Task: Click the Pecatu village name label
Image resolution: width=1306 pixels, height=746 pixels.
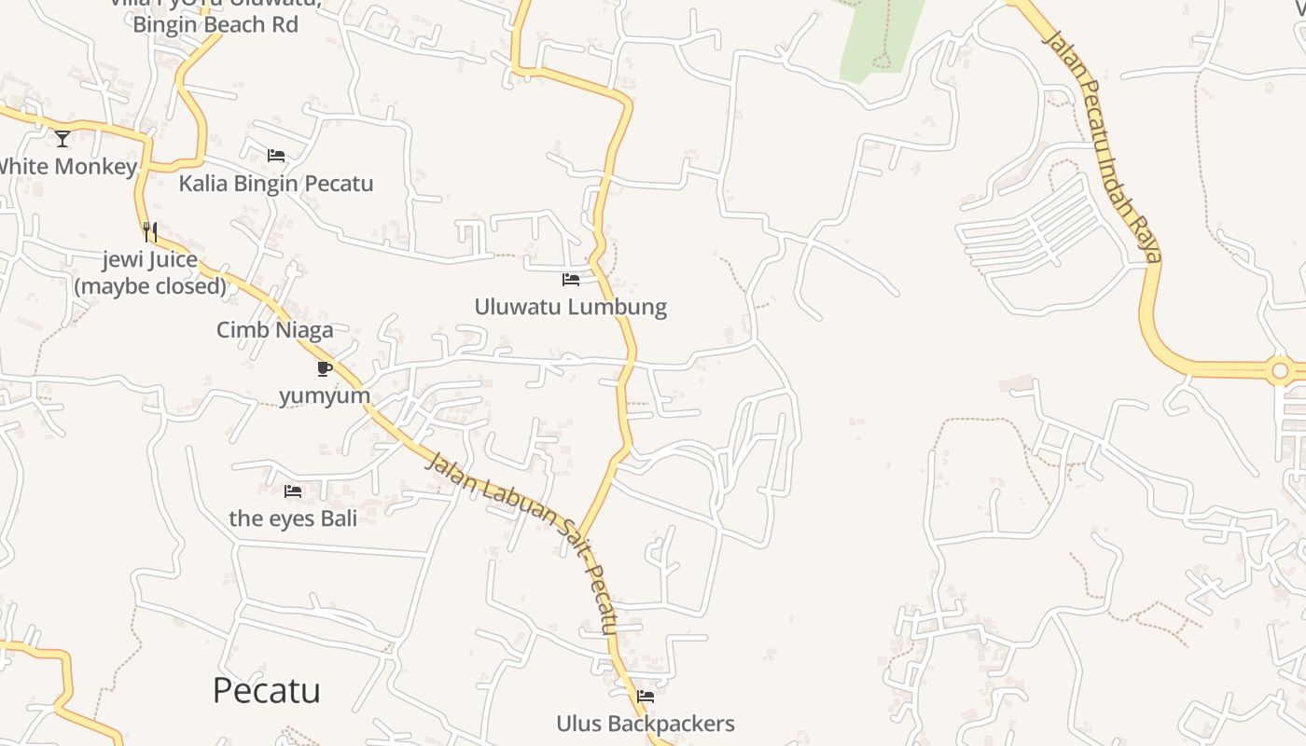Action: [x=266, y=691]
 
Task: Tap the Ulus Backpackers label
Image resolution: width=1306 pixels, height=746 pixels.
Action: [x=646, y=724]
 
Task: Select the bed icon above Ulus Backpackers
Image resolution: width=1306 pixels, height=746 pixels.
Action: [x=646, y=697]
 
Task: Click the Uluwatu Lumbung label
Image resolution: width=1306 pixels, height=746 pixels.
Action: [x=571, y=307]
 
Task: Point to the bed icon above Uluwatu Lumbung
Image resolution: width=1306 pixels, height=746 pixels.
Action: [x=571, y=280]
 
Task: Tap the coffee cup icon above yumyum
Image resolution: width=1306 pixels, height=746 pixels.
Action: [x=325, y=368]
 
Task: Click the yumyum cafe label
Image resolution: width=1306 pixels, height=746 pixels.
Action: [x=325, y=395]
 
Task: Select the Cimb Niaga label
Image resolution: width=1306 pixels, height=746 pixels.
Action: [x=274, y=329]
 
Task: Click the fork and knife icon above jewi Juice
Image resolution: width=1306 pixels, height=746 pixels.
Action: [x=150, y=231]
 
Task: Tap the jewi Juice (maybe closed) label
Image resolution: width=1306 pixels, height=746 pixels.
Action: [x=150, y=272]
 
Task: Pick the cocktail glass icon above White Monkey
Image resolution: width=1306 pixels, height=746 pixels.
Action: [x=63, y=139]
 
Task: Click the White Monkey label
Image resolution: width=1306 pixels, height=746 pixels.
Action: [x=67, y=167]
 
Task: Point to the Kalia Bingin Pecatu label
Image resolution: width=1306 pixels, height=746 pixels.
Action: [x=276, y=183]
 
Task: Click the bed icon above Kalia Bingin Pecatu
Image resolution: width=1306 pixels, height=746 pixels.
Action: [x=276, y=156]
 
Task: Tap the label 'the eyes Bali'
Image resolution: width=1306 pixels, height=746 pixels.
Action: [x=293, y=518]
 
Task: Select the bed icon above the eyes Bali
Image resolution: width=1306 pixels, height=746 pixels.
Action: [x=293, y=491]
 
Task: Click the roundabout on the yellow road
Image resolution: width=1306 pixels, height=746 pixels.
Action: [x=1280, y=370]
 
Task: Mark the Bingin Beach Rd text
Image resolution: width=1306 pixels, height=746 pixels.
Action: [x=215, y=24]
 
